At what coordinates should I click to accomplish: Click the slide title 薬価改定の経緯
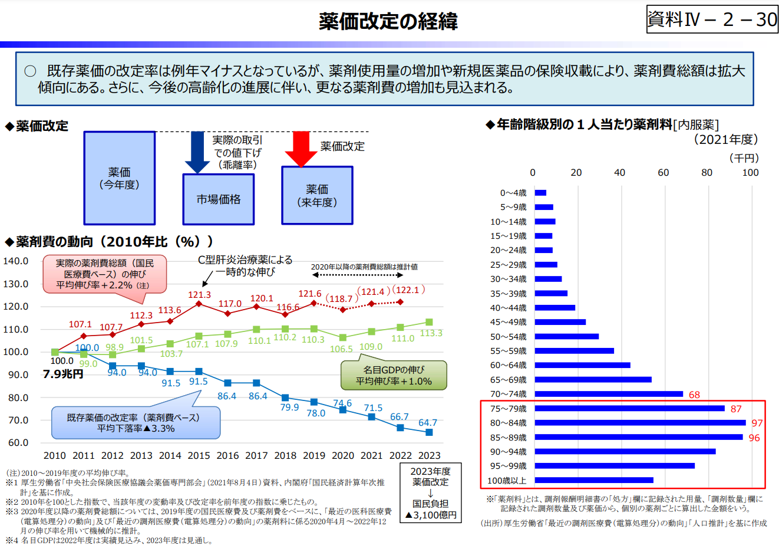(x=388, y=21)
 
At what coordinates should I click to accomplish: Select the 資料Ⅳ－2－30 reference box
(x=712, y=19)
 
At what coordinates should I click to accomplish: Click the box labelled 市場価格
(x=218, y=199)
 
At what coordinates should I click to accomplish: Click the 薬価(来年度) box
(x=317, y=195)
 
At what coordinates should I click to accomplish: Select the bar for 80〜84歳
(x=640, y=423)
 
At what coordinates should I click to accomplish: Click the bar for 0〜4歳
(x=540, y=193)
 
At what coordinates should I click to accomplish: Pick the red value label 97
(x=757, y=423)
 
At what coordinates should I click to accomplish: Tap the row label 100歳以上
(x=507, y=481)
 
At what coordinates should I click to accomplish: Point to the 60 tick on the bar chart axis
(x=664, y=172)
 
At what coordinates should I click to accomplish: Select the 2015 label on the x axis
(x=199, y=455)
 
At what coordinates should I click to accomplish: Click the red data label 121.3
(x=199, y=295)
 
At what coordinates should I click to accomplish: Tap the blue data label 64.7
(x=428, y=423)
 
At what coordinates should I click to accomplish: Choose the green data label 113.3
(x=431, y=333)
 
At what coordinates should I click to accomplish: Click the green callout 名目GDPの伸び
(x=394, y=376)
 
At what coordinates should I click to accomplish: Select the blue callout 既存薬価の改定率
(x=136, y=423)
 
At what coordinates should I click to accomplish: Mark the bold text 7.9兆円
(x=63, y=374)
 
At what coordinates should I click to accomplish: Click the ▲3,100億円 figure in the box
(x=431, y=515)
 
